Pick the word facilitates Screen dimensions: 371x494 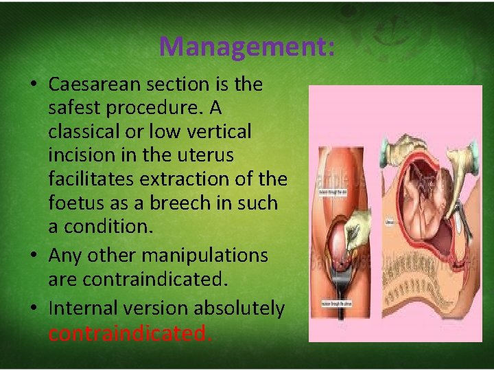[x=91, y=179]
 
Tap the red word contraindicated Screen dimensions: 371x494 [x=130, y=333]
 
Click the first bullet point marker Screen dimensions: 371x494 [x=33, y=85]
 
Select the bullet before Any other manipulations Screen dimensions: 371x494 [x=33, y=256]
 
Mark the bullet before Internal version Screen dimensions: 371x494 [x=33, y=309]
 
